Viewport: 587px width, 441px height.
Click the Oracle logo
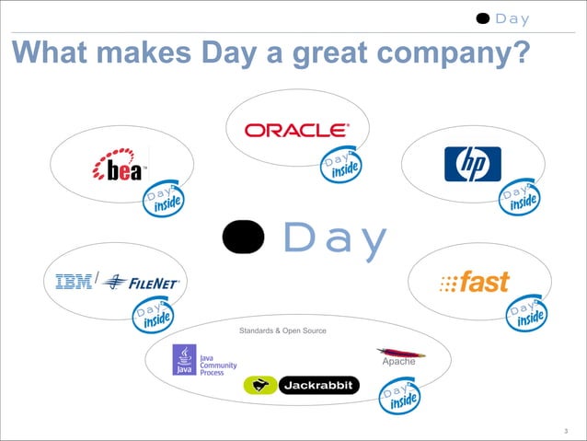click(x=295, y=130)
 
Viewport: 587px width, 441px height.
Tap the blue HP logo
click(x=472, y=164)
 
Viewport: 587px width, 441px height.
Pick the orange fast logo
click(x=475, y=283)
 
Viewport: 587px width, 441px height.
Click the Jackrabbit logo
click(x=300, y=386)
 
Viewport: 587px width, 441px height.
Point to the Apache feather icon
click(x=399, y=353)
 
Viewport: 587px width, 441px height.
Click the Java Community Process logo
click(x=198, y=360)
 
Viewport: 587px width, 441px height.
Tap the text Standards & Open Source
click(x=282, y=331)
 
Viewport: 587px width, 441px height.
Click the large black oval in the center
click(x=244, y=238)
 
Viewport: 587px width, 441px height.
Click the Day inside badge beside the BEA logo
click(x=162, y=200)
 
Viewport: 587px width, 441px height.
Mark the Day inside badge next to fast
click(x=527, y=313)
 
